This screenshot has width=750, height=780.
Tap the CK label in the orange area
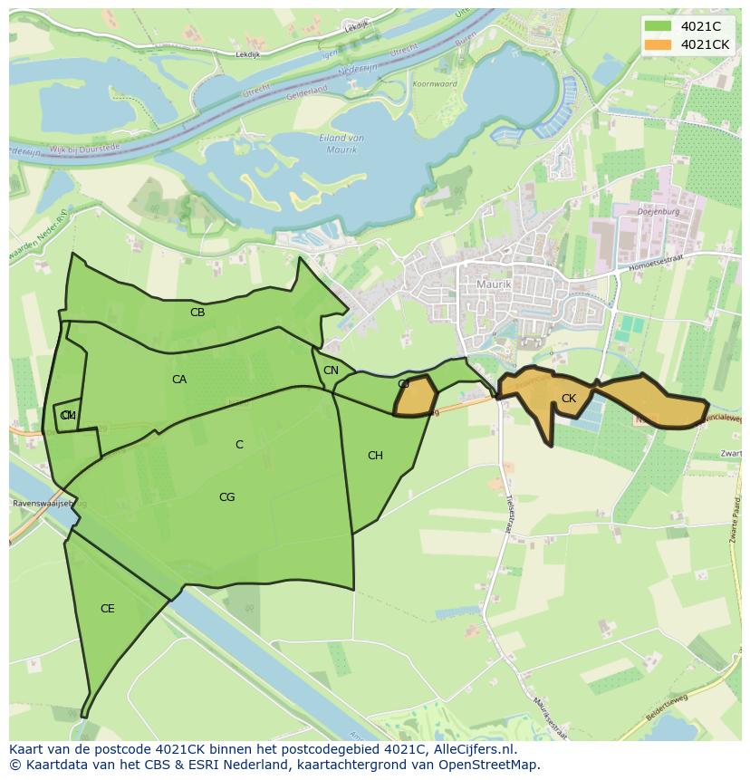click(569, 399)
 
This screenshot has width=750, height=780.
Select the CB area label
click(197, 313)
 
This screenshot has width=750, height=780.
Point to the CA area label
click(179, 380)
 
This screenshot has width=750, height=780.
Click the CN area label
click(331, 371)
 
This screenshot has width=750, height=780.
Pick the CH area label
click(375, 456)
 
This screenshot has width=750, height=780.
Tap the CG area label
click(226, 497)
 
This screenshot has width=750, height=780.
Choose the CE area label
click(107, 609)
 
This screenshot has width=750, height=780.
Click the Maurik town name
click(494, 284)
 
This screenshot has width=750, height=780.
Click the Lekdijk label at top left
click(247, 55)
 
